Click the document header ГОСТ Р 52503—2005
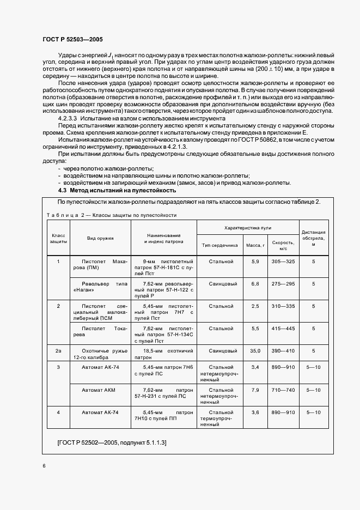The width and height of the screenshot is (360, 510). coord(72,39)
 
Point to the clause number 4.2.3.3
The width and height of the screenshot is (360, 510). coord(69,118)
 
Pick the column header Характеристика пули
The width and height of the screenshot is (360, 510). coord(248,227)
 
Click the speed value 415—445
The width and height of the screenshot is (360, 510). coord(283,329)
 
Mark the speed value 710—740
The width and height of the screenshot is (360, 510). coord(283,390)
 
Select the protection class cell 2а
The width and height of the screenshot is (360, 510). coord(58,351)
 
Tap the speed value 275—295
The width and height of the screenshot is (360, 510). coord(283,284)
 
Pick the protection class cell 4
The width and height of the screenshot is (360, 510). coord(58,412)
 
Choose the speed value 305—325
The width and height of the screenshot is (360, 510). coord(283,262)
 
